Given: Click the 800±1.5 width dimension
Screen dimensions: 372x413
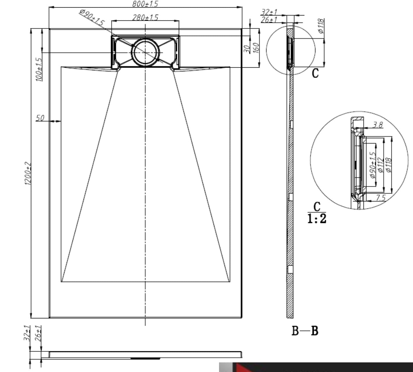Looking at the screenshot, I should click(x=145, y=4).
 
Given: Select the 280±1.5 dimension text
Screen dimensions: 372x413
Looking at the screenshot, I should click(x=145, y=17).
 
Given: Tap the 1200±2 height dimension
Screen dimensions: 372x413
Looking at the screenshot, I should click(x=28, y=173).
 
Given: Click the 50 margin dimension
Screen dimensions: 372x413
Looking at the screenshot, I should click(x=40, y=118).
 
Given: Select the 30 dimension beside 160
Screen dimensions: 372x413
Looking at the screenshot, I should click(x=246, y=49).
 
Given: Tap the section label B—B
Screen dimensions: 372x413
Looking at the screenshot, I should click(x=305, y=331).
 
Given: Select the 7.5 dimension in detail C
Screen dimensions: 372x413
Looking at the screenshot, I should click(x=380, y=198).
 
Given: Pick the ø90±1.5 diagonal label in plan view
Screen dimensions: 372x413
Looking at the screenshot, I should click(x=92, y=17).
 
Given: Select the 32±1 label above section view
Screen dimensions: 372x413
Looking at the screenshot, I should click(x=269, y=12).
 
